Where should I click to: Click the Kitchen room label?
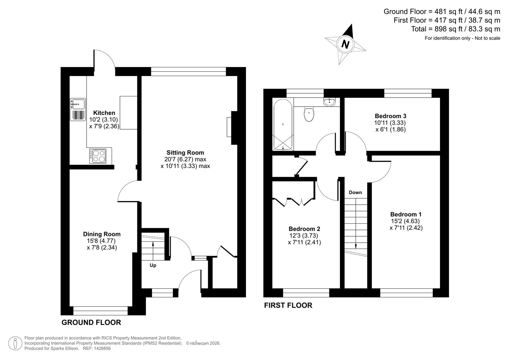104,113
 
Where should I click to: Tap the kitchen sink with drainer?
78,109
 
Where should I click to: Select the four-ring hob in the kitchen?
98,156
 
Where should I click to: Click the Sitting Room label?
185,153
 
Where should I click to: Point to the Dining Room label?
102,234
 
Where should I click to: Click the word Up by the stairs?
153,265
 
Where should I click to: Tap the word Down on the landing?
355,192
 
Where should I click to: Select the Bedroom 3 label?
390,116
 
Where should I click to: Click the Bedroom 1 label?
406,214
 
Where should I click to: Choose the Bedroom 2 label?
304,229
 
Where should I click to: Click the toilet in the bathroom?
309,114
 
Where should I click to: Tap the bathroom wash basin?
330,101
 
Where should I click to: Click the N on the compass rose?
345,44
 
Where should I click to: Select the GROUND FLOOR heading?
91,322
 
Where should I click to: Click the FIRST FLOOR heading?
288,305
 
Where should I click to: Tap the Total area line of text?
455,29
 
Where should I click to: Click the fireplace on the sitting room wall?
230,127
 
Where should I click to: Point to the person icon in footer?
15,343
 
